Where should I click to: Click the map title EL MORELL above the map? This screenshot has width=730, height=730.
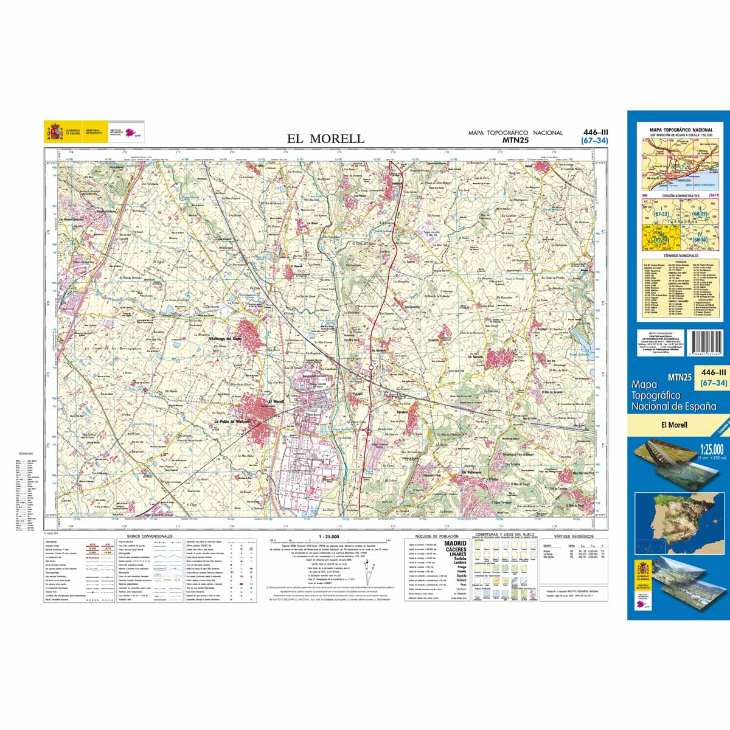click(325, 139)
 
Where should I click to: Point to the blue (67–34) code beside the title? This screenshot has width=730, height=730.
click(594, 141)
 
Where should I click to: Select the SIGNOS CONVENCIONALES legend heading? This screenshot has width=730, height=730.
click(150, 537)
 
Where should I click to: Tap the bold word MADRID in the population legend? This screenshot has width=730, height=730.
click(456, 543)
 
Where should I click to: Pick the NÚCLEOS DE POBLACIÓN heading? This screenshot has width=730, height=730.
click(433, 537)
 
